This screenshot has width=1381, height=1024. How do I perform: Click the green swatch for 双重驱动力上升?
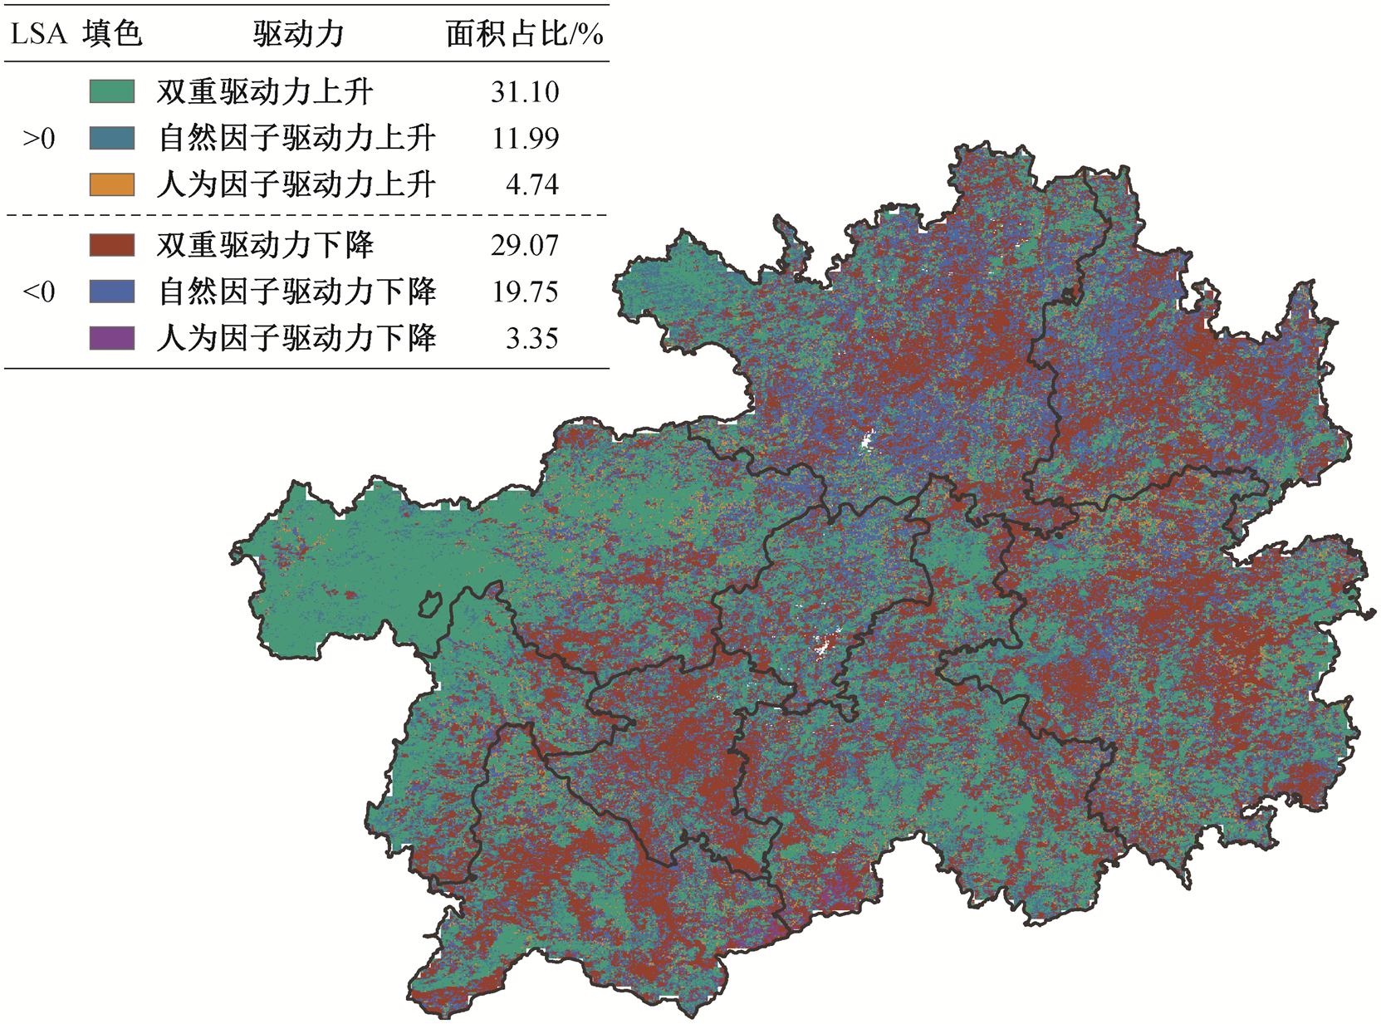tap(112, 91)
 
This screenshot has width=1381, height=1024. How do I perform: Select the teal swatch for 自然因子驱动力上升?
tap(112, 138)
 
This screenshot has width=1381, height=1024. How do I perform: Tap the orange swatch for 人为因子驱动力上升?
tap(112, 184)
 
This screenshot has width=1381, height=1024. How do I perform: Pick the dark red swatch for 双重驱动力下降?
tap(112, 245)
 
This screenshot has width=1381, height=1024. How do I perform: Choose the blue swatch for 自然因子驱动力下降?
tap(112, 292)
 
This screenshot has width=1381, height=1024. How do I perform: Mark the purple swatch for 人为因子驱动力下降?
tap(112, 338)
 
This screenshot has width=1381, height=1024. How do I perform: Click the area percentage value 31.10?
tap(525, 91)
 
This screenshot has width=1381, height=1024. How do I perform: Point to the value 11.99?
tap(525, 138)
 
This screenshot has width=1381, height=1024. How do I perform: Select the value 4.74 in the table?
tap(532, 184)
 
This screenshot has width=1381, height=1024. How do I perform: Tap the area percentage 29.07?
tap(525, 245)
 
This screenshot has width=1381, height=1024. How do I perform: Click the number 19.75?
tap(525, 292)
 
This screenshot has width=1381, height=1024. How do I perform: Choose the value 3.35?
tap(532, 338)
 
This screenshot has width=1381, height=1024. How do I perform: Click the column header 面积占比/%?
tap(524, 34)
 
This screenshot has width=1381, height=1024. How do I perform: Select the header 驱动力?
tap(298, 34)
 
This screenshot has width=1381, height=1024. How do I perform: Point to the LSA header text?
tap(38, 34)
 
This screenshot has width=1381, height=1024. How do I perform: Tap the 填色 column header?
tap(113, 34)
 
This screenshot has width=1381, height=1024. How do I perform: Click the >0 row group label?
tap(38, 139)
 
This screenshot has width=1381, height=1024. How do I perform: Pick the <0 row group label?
tap(38, 292)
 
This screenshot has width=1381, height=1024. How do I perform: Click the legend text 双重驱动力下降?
tap(265, 245)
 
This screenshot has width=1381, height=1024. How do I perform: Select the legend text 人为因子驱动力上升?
tap(296, 184)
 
